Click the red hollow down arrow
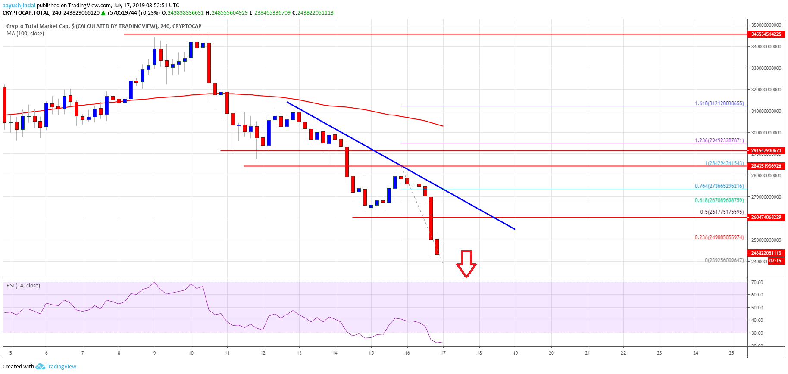coord(466,263)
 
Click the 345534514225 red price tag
coord(766,34)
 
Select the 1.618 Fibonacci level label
coord(719,103)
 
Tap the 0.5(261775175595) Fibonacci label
coord(722,212)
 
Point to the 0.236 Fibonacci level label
coord(719,237)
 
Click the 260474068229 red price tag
coord(766,217)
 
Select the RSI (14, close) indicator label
coord(23,286)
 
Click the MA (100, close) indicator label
coord(25,34)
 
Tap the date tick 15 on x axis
coord(371,353)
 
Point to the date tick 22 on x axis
coord(623,353)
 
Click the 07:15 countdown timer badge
coord(775,261)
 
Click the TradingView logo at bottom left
coord(56,367)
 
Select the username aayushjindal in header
coord(19,6)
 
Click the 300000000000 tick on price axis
coord(766,133)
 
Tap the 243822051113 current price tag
coord(766,253)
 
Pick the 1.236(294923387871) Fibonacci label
coord(719,140)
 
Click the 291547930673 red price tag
coord(766,150)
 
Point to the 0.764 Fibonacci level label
coord(719,186)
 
